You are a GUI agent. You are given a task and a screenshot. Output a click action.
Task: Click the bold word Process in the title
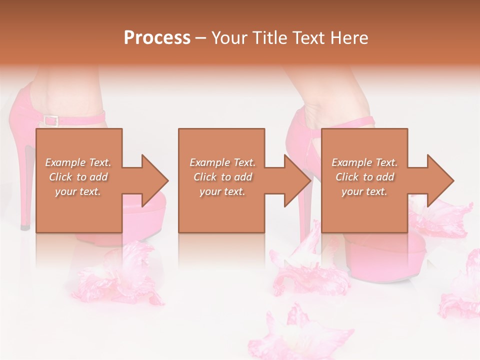[x=157, y=38]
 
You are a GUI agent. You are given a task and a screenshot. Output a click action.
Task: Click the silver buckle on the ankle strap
[x=50, y=120]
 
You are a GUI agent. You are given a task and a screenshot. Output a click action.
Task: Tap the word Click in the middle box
[x=205, y=177]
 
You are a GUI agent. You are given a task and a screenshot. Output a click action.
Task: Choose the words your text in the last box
[x=364, y=191]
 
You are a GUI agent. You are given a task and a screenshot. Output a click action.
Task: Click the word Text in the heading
[x=309, y=38]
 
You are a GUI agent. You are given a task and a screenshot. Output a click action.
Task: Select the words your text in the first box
[x=78, y=191]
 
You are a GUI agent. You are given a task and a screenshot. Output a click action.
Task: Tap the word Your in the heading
[x=229, y=38]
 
